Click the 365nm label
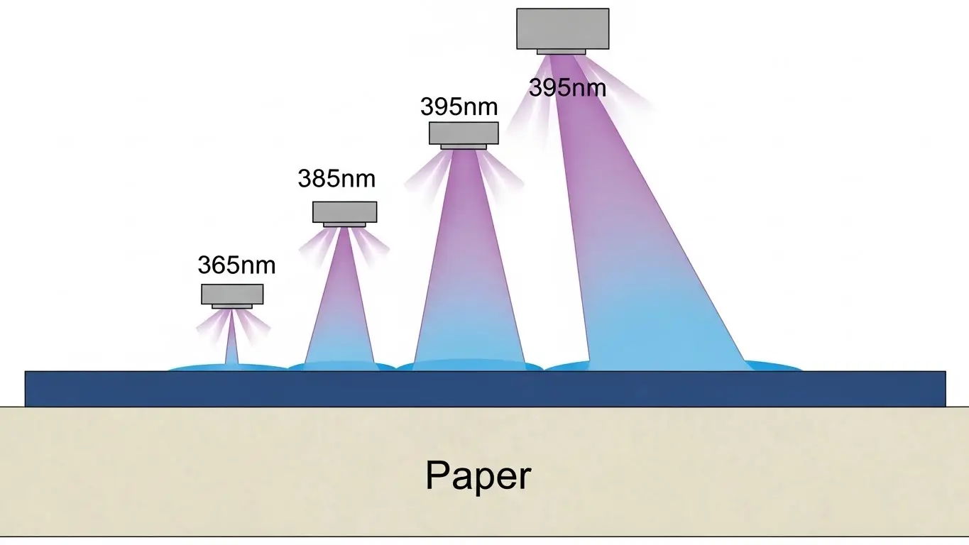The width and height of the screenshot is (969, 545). point(236,266)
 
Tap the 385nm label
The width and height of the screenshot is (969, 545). point(336,179)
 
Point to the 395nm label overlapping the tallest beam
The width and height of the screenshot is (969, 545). point(567,89)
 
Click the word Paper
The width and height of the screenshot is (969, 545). point(478,475)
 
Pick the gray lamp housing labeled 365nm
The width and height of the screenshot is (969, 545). point(232,294)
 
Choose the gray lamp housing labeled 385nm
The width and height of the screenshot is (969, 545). point(344,211)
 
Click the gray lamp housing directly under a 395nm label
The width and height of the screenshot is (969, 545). point(464,133)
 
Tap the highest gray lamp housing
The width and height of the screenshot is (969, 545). point(562,28)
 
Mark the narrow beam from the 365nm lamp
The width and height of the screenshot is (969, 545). point(231,348)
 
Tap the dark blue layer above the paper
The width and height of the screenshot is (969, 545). point(485,389)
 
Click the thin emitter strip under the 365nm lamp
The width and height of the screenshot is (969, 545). point(232,307)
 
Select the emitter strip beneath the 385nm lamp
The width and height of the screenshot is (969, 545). point(344,225)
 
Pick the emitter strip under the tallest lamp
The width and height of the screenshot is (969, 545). point(561,52)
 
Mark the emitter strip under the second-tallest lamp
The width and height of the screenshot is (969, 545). point(464,147)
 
